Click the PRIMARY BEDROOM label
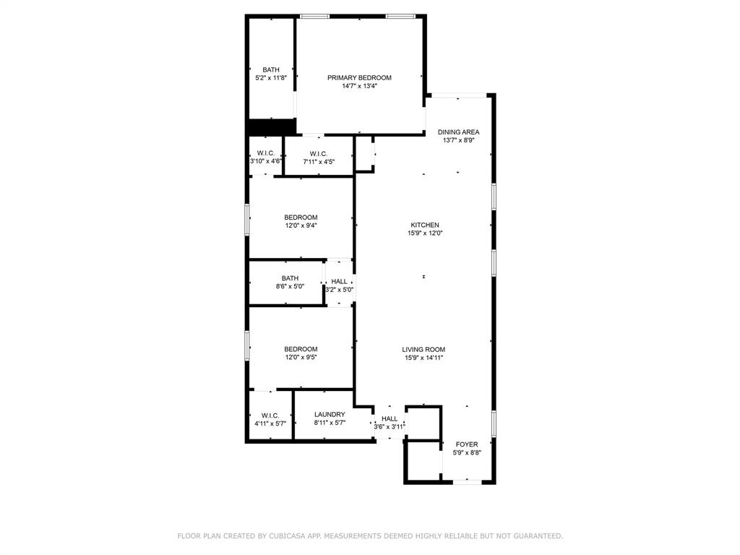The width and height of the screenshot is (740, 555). tap(359, 77)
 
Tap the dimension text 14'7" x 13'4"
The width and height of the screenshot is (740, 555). tap(359, 86)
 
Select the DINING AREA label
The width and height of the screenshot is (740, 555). tap(458, 132)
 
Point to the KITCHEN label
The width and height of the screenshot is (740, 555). tap(425, 225)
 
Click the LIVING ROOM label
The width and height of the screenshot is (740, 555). tap(423, 349)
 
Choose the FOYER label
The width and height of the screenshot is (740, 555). tap(466, 444)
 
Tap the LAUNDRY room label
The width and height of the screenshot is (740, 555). tap(330, 414)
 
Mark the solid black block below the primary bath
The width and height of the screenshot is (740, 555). tap(271, 127)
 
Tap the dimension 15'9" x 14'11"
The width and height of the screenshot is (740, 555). tap(423, 357)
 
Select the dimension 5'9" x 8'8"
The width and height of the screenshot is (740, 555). tap(466, 452)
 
